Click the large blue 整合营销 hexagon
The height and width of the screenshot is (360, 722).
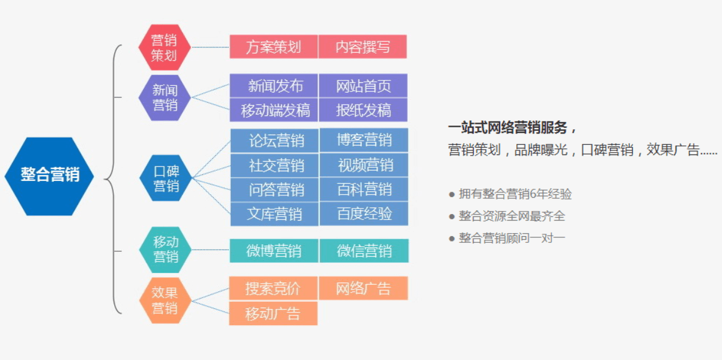49,176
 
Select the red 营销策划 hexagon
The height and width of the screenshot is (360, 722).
164,47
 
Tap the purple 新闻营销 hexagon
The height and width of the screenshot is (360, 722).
164,97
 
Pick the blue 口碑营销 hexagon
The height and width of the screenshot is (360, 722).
165,178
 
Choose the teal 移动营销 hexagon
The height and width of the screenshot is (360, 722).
165,250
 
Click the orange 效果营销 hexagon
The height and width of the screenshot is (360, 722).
165,301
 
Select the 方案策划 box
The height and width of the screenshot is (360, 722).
274,47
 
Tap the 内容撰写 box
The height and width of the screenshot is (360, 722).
363,47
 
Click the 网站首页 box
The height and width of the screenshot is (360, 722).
363,86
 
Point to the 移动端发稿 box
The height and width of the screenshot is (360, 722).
274,110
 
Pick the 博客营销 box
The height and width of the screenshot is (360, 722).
364,140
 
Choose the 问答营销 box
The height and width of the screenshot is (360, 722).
275,189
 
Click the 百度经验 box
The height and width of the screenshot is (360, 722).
364,214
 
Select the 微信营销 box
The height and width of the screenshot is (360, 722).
364,251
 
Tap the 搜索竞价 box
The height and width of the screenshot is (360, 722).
274,288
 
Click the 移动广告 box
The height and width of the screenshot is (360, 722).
274,313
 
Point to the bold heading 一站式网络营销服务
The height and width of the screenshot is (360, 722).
507,127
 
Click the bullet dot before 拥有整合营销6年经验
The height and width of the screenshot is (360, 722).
451,195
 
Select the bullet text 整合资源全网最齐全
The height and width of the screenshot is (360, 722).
512,216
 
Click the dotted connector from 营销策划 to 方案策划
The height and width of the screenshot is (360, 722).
210,47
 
